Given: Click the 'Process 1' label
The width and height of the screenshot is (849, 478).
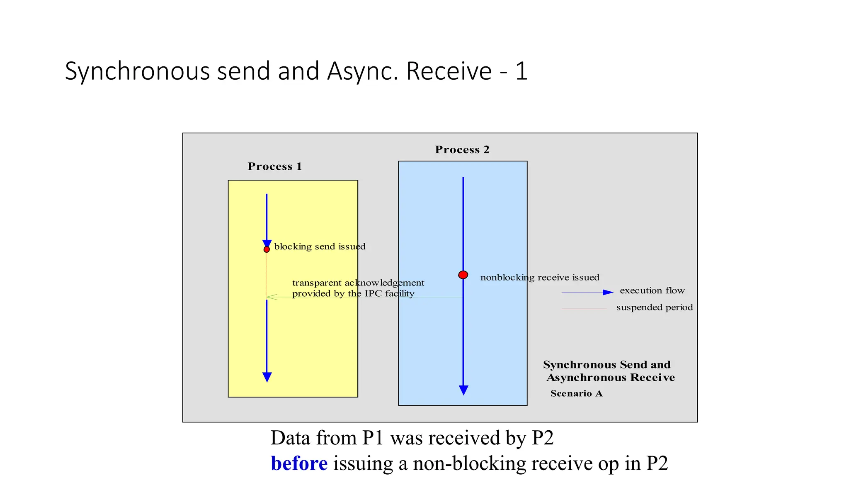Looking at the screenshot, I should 275,166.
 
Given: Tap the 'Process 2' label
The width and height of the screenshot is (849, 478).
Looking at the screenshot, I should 462,149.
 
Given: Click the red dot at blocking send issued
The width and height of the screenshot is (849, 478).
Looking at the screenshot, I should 267,249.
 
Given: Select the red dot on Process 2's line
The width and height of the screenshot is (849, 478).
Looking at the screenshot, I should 463,275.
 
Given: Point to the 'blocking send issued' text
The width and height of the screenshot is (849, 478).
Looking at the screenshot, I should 320,246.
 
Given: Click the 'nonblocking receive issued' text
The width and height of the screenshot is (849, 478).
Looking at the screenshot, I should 540,277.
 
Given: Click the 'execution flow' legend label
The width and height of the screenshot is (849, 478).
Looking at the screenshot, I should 652,290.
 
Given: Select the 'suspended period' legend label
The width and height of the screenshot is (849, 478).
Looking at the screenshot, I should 654,307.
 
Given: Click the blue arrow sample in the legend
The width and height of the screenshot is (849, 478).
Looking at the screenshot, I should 587,293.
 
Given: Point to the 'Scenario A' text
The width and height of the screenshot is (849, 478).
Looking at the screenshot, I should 576,393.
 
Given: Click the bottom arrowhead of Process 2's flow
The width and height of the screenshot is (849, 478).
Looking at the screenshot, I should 463,390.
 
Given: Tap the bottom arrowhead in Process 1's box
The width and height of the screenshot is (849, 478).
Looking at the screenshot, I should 267,377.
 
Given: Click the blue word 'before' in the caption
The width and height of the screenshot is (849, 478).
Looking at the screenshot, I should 299,463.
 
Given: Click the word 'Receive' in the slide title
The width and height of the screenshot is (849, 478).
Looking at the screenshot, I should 449,71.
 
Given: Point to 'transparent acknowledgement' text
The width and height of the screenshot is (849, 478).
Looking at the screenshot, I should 358,283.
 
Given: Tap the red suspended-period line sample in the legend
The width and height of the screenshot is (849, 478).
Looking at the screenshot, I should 584,309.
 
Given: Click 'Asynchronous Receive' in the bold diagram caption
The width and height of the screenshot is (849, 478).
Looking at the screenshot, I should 611,378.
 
